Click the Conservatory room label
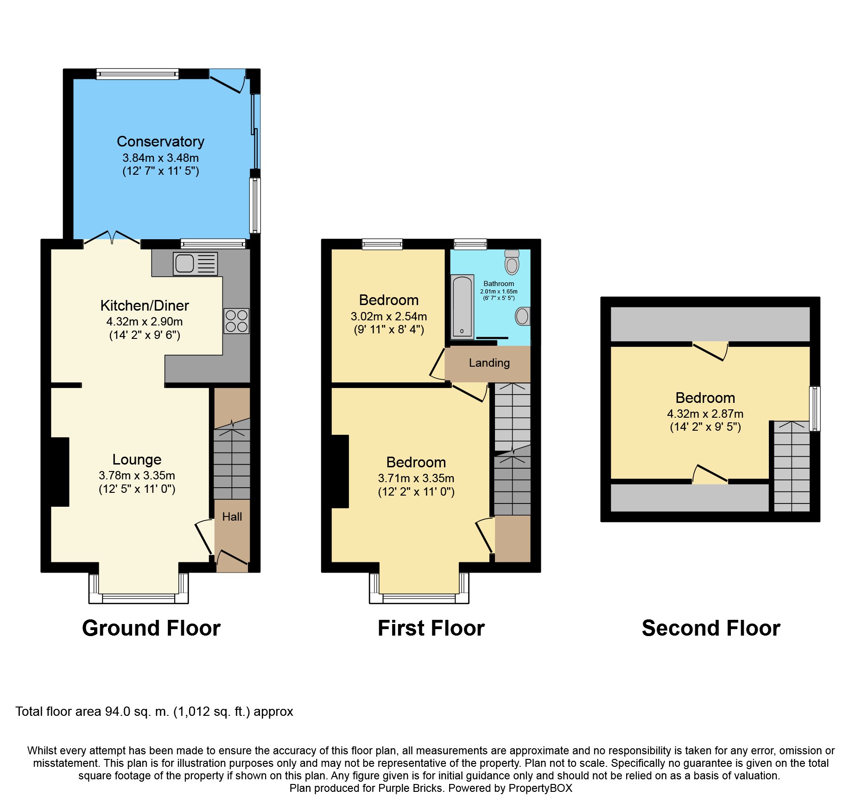pyautogui.click(x=160, y=141)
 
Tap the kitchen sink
pyautogui.click(x=195, y=263)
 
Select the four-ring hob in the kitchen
pyautogui.click(x=236, y=321)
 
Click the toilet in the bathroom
pyautogui.click(x=512, y=262)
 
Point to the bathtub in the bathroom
pyautogui.click(x=463, y=306)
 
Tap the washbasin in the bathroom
pyautogui.click(x=523, y=316)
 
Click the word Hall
pyautogui.click(x=232, y=517)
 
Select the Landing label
pyautogui.click(x=489, y=363)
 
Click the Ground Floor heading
pyautogui.click(x=151, y=628)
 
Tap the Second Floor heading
pyautogui.click(x=711, y=628)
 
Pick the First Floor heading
pyautogui.click(x=431, y=628)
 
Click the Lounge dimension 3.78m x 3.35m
pyautogui.click(x=137, y=476)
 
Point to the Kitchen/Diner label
pyautogui.click(x=145, y=306)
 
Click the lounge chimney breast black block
pyautogui.click(x=60, y=472)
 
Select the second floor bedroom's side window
pyautogui.click(x=815, y=409)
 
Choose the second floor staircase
pyautogui.click(x=792, y=466)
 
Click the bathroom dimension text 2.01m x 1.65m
pyautogui.click(x=499, y=292)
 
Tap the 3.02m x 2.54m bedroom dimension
pyautogui.click(x=389, y=317)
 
